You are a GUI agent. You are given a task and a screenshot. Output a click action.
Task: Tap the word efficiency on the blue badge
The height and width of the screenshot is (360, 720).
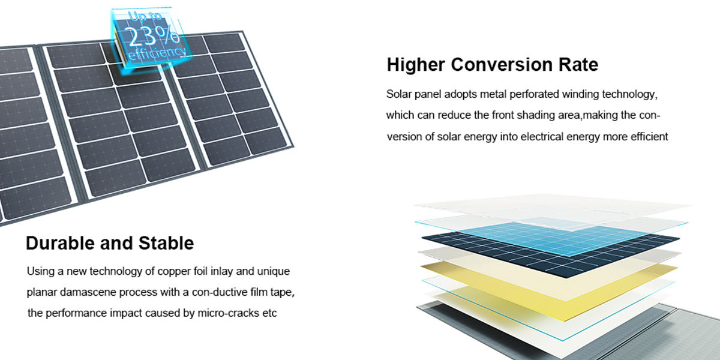click(x=157, y=53)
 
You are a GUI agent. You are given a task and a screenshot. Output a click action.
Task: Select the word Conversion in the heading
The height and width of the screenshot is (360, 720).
click(x=502, y=65)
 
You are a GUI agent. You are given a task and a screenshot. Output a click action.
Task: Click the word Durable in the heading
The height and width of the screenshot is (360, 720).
click(x=61, y=243)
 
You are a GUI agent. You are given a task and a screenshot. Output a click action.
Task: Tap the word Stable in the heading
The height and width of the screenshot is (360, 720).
click(x=166, y=243)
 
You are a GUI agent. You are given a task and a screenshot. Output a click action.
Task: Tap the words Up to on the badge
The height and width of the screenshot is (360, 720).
click(x=145, y=16)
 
